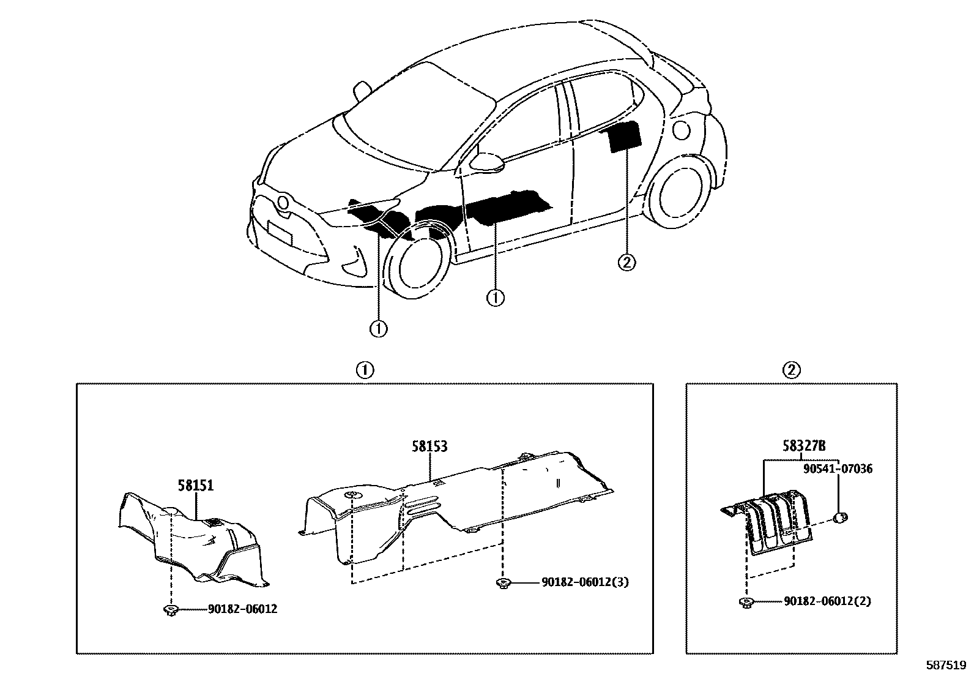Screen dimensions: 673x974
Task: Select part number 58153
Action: coord(429,446)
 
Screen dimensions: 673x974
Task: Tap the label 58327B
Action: coord(803,446)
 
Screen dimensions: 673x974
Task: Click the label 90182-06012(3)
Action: coord(584,582)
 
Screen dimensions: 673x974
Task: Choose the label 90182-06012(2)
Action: coord(827,601)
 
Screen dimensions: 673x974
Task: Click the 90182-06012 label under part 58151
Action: coord(242,609)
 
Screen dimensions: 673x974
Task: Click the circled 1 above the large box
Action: coord(364,370)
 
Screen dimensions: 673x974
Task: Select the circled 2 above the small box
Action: coord(791,370)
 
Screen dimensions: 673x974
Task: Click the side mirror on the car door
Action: coord(486,160)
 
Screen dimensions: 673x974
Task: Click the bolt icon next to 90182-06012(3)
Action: coord(503,582)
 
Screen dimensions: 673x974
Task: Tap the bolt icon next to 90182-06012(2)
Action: coord(746,602)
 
